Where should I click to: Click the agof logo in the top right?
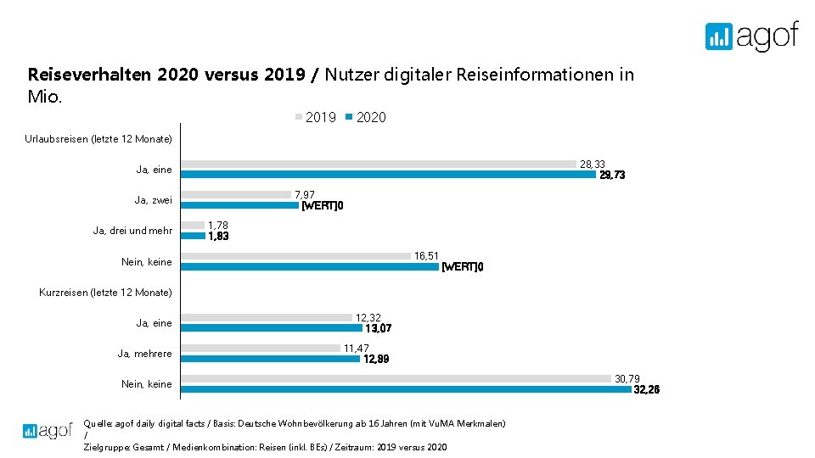[751, 36]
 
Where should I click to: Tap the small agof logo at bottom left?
[48, 431]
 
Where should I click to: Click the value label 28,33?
[593, 164]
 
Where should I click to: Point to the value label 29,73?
[612, 176]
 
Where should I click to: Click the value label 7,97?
[304, 195]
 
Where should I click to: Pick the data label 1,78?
[218, 226]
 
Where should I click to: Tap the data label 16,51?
[426, 255]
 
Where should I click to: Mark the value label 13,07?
[378, 328]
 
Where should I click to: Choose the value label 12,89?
[376, 359]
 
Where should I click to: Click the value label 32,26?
[646, 390]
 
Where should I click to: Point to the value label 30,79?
[627, 378]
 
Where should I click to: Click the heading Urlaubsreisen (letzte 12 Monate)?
[98, 138]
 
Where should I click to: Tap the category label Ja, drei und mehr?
[132, 231]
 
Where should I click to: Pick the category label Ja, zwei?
[153, 200]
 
